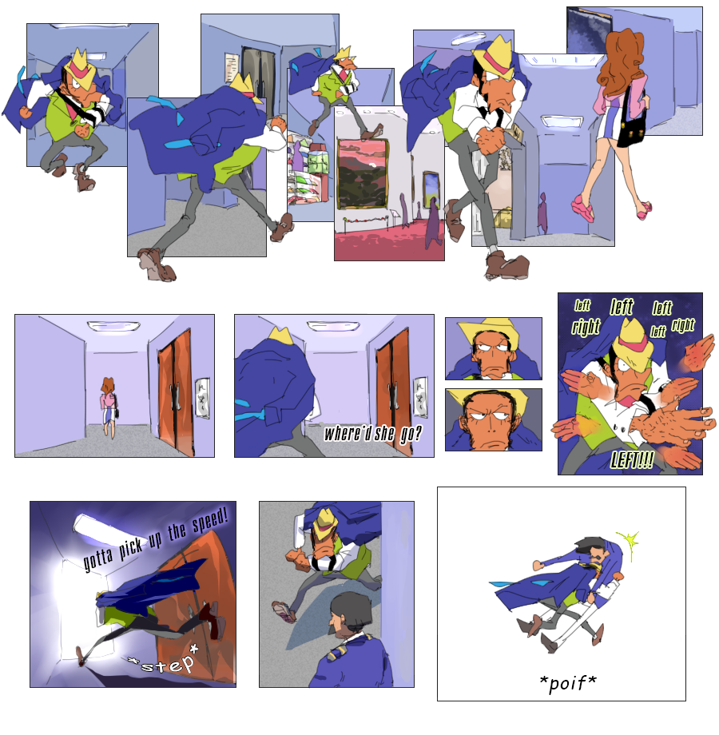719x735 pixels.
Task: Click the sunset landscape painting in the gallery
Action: coord(363,174)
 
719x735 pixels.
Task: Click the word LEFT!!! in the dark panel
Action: coord(632,460)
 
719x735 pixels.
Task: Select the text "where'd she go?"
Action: coord(373,434)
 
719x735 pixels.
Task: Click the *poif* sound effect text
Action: coord(567,682)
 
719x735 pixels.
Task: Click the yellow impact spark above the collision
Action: coord(629,542)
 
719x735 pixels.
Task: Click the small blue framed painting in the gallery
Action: coord(431,189)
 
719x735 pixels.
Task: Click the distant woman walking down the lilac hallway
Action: coord(109,406)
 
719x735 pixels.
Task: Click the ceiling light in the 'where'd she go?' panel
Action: coord(333,326)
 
